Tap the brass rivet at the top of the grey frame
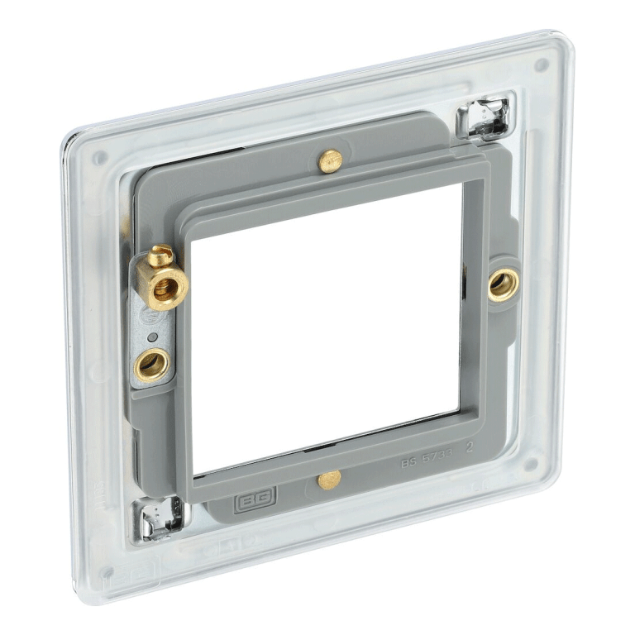point(330,160)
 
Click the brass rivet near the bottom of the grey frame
point(328,479)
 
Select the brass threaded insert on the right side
point(502,284)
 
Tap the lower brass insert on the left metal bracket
point(151,363)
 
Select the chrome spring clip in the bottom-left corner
point(160,517)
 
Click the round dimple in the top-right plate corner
point(541,64)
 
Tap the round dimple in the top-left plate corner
point(99,158)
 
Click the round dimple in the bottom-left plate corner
point(107,572)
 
